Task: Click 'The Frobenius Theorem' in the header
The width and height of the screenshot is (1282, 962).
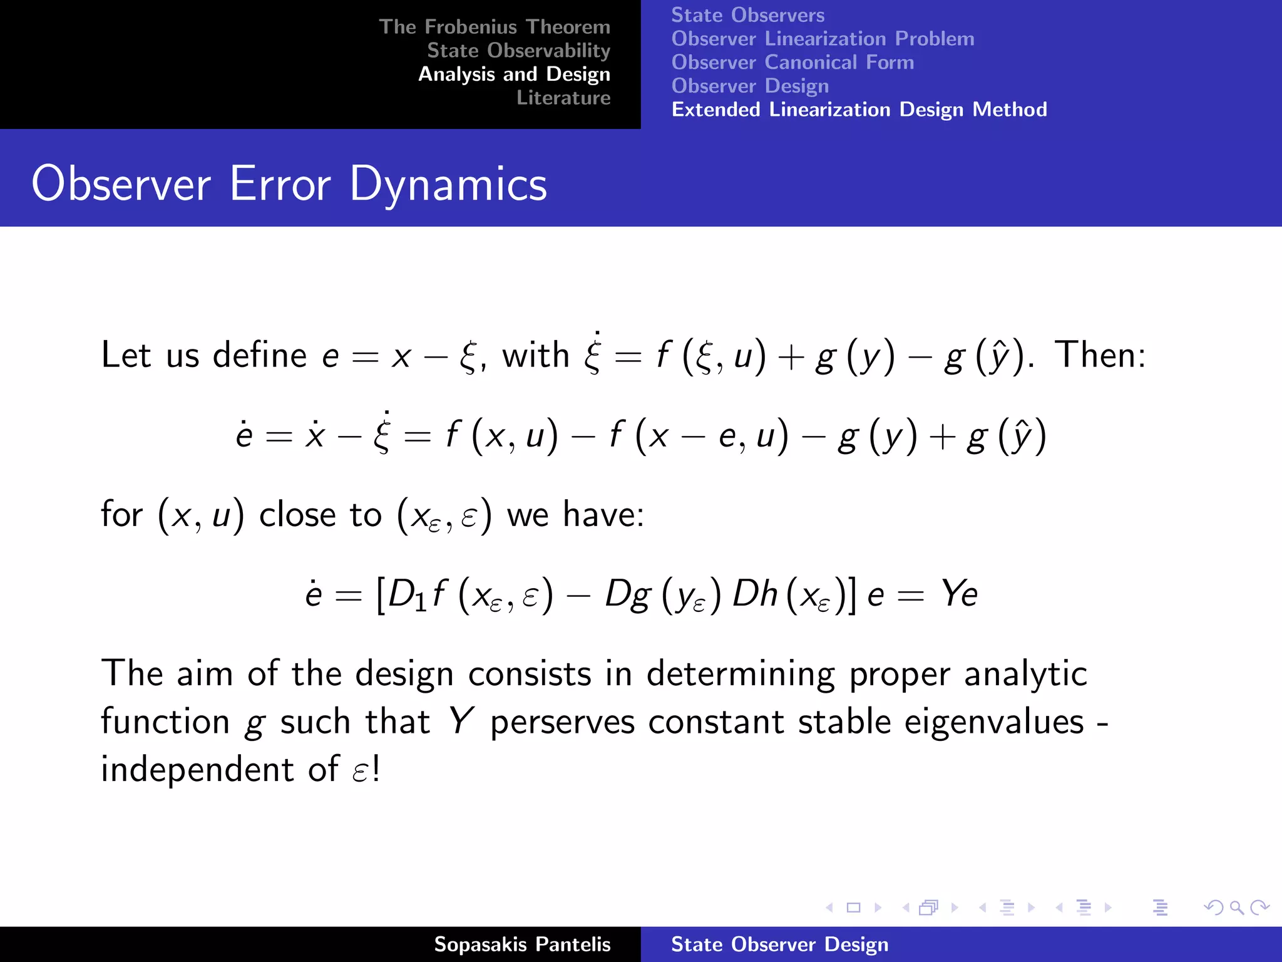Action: [494, 27]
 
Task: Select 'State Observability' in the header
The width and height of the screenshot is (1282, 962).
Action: [518, 50]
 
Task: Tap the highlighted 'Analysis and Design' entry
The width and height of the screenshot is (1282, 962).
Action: [514, 74]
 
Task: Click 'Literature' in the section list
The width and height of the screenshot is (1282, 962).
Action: [563, 98]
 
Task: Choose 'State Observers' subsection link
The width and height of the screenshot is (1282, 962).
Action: [747, 15]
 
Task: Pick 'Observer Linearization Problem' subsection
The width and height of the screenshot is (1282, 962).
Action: [823, 39]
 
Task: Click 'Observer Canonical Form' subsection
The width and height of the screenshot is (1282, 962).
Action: [792, 63]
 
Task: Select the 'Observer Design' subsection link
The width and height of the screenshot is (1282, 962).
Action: [750, 86]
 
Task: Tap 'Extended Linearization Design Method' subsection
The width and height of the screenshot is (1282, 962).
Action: [859, 110]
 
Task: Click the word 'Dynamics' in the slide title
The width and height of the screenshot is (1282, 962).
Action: [448, 184]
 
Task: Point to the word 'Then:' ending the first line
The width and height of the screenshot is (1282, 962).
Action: [1100, 355]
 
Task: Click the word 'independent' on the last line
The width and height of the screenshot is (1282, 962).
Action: [197, 770]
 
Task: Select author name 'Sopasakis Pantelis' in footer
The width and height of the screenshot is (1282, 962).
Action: [522, 944]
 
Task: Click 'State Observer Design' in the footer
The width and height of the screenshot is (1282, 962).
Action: [779, 944]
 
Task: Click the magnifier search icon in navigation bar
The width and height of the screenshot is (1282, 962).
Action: [1236, 908]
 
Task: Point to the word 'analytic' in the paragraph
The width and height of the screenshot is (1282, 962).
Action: [1025, 675]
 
